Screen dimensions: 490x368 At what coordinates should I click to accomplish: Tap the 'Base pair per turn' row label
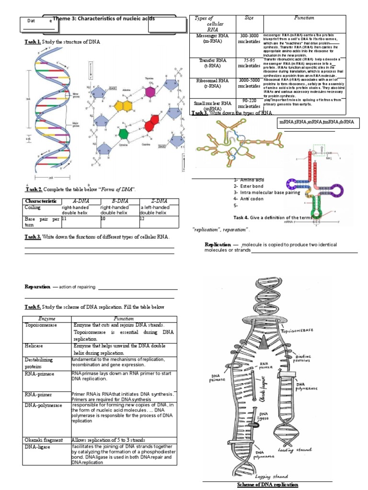point(42,222)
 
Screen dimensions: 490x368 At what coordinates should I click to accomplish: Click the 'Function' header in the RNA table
point(304,18)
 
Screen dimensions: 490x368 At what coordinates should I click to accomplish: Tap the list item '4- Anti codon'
point(248,199)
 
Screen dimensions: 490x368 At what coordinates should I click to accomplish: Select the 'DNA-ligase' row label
point(39,447)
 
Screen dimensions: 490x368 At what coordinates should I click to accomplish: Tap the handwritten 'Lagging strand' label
point(272,477)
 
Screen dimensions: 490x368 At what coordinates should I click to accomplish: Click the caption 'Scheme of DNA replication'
point(268,485)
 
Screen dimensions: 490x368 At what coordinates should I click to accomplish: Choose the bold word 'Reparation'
point(37,286)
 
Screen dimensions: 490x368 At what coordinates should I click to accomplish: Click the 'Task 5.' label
point(33,307)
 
